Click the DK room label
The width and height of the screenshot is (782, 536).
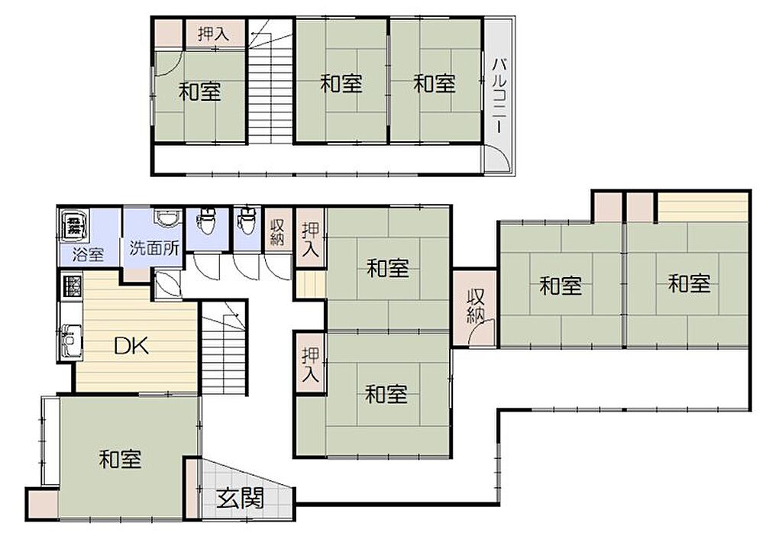pos(131,345)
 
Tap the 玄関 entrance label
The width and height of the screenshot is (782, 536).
pos(241,498)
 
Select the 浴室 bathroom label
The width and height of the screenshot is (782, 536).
pos(88,254)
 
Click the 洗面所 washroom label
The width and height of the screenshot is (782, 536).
pos(154,248)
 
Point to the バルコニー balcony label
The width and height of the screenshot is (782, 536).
pos(499,95)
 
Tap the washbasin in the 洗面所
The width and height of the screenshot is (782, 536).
pos(165,218)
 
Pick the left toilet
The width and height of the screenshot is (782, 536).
pos(205,221)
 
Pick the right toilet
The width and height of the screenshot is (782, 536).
pos(247,221)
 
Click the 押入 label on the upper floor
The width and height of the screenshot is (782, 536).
pos(214,34)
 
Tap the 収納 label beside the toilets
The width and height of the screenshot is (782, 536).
pos(277,232)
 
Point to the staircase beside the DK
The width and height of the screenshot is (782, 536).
pos(225,347)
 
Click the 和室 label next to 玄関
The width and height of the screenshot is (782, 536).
pos(120,459)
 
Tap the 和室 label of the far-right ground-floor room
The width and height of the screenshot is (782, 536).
pos(690,284)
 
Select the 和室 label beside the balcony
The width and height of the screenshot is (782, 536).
pos(435,83)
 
